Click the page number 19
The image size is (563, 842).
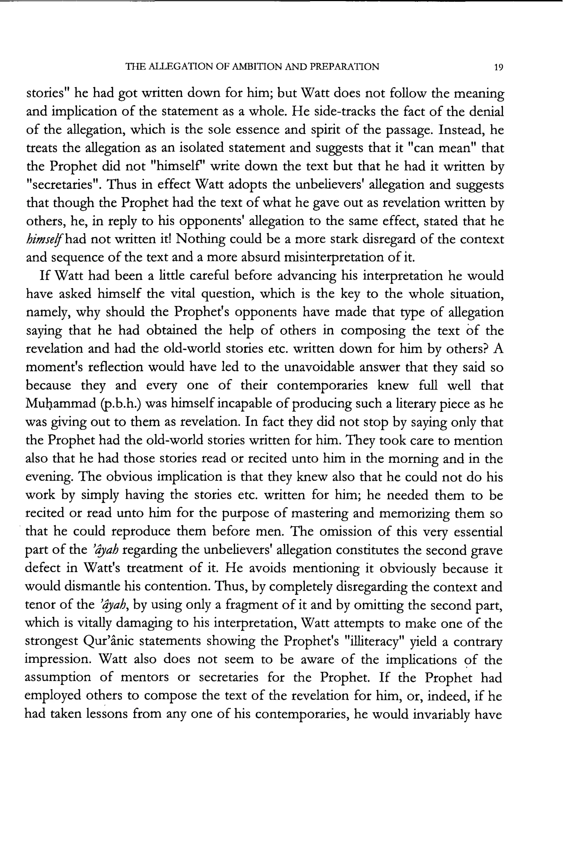tap(498, 67)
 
